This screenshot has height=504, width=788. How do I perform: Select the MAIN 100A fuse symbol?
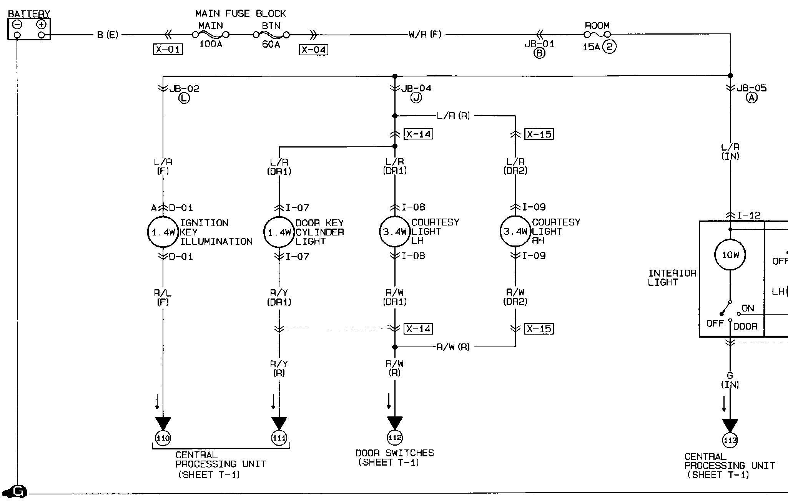211,35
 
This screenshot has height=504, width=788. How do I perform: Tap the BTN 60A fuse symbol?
271,35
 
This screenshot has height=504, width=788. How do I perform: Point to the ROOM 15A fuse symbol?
597,35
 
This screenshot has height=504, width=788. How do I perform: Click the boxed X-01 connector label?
168,50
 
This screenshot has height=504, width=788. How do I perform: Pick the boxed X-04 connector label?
314,50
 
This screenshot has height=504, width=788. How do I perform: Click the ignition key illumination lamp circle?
163,232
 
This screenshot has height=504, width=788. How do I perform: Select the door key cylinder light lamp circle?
279,232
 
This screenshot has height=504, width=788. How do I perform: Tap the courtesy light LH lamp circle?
395,232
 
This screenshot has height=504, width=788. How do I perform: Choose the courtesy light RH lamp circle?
515,232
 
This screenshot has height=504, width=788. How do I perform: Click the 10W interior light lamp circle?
730,255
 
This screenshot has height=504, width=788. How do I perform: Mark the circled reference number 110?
163,438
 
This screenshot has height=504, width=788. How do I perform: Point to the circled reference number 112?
395,438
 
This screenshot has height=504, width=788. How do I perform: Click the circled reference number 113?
730,440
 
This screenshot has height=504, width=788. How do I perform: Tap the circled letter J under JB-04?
416,98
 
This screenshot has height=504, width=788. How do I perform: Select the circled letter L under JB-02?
184,98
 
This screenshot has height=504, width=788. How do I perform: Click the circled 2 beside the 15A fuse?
609,47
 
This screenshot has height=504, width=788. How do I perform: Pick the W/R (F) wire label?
425,35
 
